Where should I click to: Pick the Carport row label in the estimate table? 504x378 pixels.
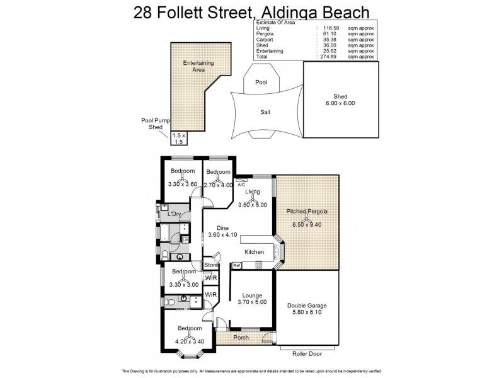tap(265, 39)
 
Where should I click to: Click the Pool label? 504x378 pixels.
tap(261, 83)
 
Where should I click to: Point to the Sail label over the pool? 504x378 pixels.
tap(266, 112)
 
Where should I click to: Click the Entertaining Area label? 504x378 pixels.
tap(198, 67)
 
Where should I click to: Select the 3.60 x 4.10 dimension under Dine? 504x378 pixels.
tap(222, 236)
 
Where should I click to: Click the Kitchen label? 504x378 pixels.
tap(254, 252)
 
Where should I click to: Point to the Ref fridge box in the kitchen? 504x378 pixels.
tap(237, 266)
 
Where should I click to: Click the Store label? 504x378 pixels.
tap(210, 265)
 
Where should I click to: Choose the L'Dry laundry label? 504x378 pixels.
tap(174, 215)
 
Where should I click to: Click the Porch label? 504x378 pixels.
tap(241, 338)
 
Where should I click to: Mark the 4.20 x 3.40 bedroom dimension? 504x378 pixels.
tap(190, 342)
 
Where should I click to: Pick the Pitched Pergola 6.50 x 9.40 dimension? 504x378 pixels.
tap(307, 224)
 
